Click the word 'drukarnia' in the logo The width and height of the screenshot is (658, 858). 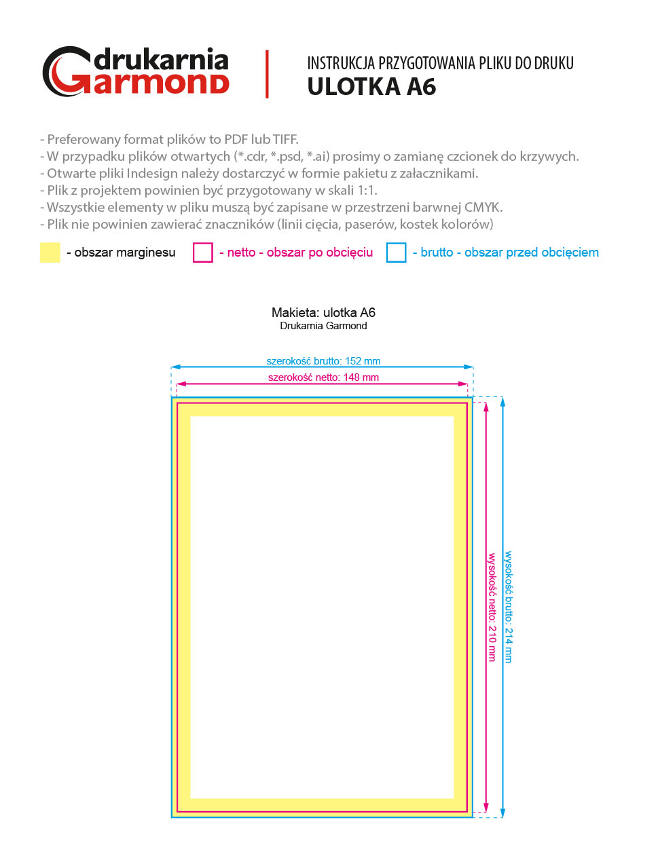(161, 60)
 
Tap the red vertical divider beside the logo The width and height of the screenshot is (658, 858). (267, 74)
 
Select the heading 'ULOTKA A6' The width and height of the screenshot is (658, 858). (371, 87)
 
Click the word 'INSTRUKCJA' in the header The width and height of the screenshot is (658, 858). (341, 64)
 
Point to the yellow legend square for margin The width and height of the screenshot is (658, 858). (50, 253)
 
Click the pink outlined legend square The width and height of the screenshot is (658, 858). (203, 253)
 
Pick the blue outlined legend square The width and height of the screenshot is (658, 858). (396, 253)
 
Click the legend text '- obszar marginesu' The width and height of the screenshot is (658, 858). (121, 253)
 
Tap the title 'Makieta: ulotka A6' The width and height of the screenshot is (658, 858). (323, 312)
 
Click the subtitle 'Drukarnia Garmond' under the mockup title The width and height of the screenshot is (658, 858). (323, 326)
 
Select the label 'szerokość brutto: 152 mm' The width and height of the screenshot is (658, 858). (323, 361)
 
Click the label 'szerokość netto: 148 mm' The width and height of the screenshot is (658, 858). (323, 377)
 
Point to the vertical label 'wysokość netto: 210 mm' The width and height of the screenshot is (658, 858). (492, 608)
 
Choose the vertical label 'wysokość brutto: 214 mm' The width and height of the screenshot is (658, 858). (508, 607)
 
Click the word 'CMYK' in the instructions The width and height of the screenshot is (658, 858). (483, 207)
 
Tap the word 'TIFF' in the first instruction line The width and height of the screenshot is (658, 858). (285, 139)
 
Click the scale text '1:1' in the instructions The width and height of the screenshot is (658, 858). (367, 190)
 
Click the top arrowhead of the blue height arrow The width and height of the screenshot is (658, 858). (502, 402)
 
